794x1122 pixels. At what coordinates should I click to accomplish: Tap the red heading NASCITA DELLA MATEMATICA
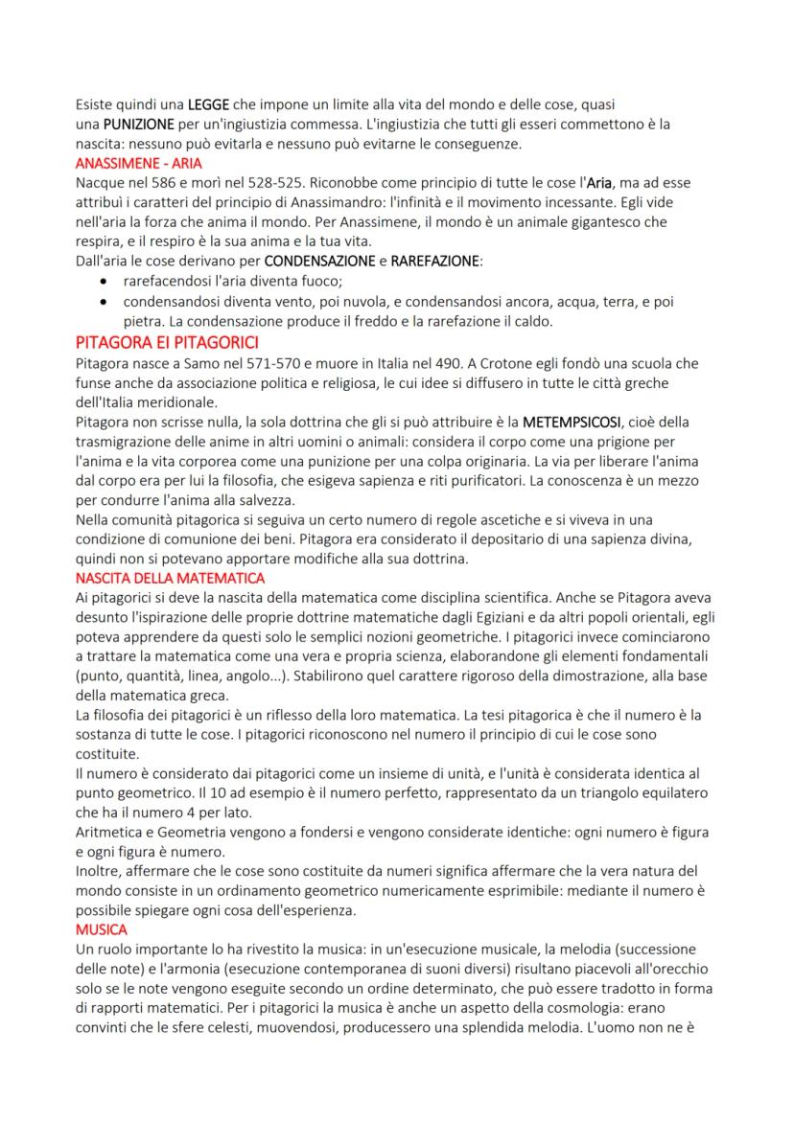[170, 579]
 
